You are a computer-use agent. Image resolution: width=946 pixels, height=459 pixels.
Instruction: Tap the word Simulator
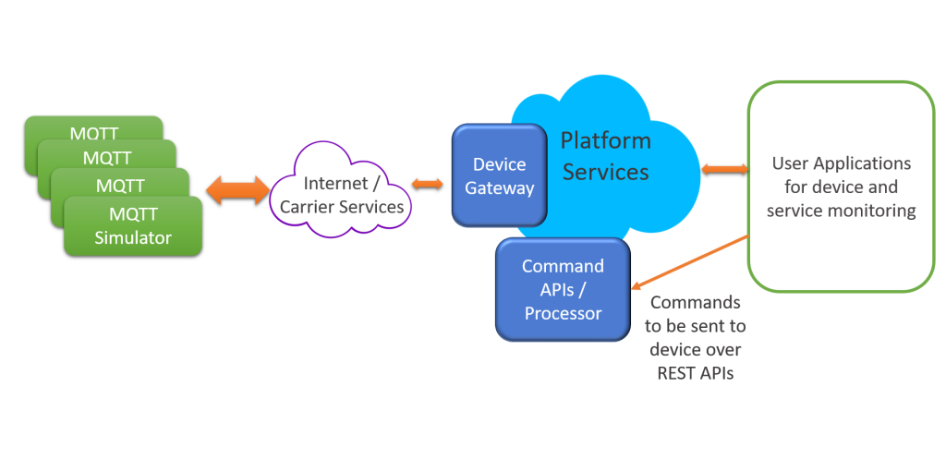click(x=133, y=237)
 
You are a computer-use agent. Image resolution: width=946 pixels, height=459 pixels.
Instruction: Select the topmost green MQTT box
click(x=92, y=129)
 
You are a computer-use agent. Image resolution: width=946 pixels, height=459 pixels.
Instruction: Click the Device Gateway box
click(x=499, y=176)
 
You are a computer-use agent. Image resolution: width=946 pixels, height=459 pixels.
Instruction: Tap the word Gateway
click(x=499, y=188)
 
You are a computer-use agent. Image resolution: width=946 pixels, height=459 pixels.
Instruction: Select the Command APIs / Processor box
click(x=563, y=290)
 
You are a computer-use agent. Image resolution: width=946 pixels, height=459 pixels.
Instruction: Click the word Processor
click(x=563, y=314)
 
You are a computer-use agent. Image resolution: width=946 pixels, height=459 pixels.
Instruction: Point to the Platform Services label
click(x=606, y=156)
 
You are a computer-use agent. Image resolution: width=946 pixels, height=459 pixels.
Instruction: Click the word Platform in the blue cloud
click(x=606, y=141)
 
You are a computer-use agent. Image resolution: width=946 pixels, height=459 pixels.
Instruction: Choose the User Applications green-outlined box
click(x=841, y=187)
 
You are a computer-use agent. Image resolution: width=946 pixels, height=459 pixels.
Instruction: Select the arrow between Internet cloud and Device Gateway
click(x=428, y=184)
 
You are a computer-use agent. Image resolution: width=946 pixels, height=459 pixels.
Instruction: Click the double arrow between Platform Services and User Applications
click(x=724, y=169)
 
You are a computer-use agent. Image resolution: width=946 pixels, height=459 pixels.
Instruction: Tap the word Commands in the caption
click(x=695, y=302)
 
